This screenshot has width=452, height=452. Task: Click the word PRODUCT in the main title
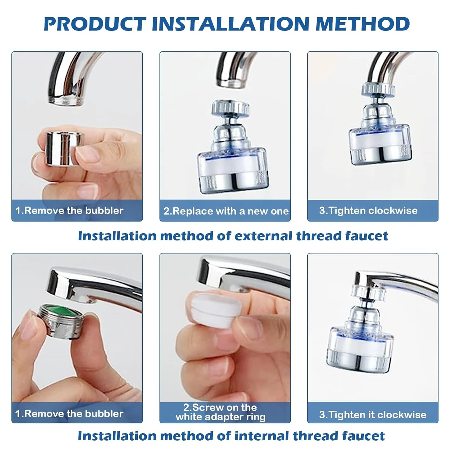click(95, 24)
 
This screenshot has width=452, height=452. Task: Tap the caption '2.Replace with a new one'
click(226, 211)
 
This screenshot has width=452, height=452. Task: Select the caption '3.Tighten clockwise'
click(368, 210)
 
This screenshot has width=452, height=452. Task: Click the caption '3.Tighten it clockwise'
click(373, 415)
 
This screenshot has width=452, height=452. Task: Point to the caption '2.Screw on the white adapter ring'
click(221, 412)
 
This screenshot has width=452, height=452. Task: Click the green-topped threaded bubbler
click(61, 321)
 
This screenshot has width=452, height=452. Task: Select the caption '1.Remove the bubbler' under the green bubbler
click(69, 413)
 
